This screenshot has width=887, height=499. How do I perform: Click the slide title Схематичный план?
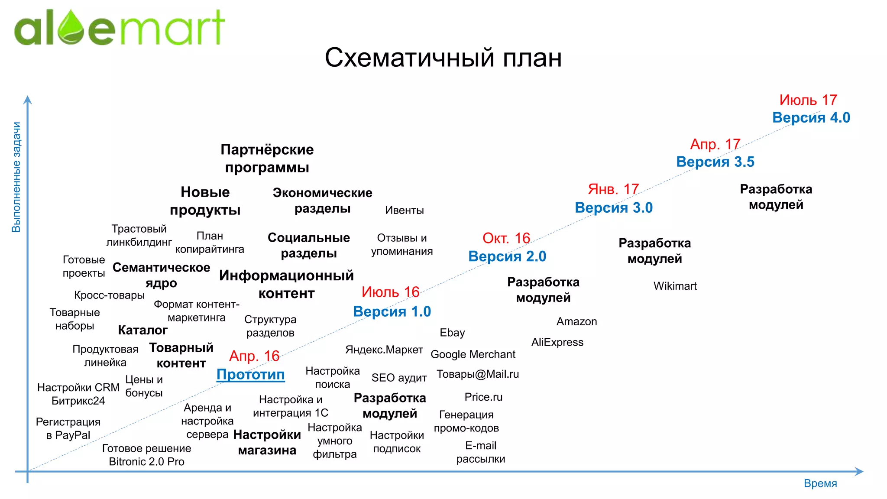[x=443, y=57]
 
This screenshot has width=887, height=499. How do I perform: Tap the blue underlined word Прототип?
[x=250, y=374]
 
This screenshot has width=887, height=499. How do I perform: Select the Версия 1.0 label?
[x=392, y=311]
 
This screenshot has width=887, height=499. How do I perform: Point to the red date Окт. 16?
[x=506, y=238]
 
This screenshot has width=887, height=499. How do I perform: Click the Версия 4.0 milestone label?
[x=811, y=117]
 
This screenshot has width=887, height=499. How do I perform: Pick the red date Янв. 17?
[x=613, y=189]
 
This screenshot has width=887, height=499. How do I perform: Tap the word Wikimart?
[x=675, y=286]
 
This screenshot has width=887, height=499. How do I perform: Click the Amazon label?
[x=576, y=321]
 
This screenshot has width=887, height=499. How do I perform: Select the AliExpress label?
[x=557, y=342]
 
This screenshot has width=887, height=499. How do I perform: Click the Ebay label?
[x=452, y=333]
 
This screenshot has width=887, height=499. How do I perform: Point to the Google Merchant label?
[x=473, y=354]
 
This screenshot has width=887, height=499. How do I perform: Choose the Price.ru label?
[x=483, y=397]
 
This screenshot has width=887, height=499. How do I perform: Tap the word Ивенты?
[x=404, y=211]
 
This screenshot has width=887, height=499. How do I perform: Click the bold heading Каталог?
[x=142, y=330]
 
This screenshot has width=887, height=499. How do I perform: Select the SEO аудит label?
[x=399, y=378]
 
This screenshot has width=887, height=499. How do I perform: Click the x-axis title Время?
[x=820, y=483]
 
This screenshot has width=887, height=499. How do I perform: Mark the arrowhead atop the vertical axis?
[x=28, y=100]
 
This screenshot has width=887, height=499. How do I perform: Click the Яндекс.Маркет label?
[x=384, y=350]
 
